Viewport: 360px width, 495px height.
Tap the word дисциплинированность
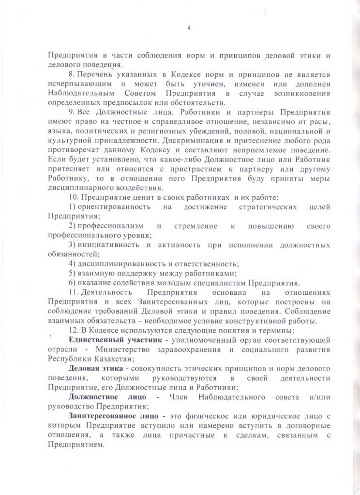point(118,264)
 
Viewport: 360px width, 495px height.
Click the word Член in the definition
point(169,397)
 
